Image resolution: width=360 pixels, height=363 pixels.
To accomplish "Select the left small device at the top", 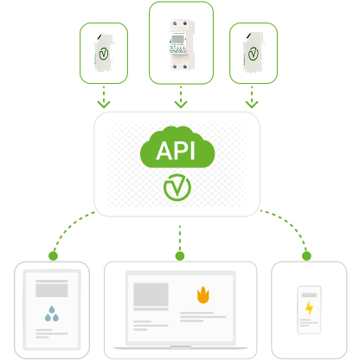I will [x=104, y=52].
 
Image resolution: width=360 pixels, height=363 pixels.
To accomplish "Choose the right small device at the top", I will [x=254, y=52].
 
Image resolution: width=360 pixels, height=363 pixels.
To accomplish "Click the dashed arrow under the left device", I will [x=104, y=95].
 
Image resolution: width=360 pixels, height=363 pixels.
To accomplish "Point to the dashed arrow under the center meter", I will [x=181, y=96].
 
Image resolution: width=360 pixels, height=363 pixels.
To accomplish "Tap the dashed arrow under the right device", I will [x=254, y=95].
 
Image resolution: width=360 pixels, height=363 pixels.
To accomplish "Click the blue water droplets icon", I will [x=52, y=314].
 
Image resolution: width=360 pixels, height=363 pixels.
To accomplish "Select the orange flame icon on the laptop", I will [x=202, y=295].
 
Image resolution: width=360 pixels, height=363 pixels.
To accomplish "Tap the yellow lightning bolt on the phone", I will [x=309, y=308].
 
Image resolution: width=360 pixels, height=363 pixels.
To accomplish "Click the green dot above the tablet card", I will [x=53, y=256].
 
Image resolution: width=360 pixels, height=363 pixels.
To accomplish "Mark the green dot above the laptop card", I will [x=180, y=256].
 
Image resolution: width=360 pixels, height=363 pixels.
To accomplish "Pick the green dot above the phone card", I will [x=306, y=256].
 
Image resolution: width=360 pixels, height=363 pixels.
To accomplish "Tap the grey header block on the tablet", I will [x=52, y=288].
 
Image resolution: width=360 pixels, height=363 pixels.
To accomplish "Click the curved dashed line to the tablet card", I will [x=71, y=227].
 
